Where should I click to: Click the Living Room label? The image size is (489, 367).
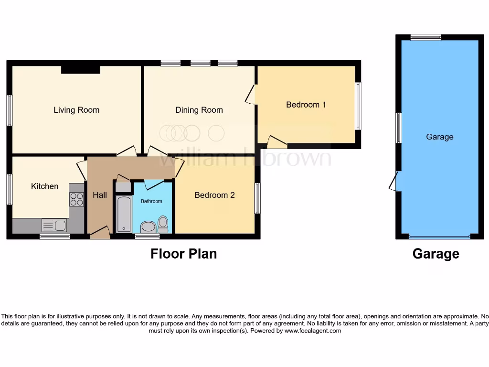pyautogui.click(x=76, y=110)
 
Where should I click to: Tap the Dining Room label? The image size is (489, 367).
pyautogui.click(x=199, y=110)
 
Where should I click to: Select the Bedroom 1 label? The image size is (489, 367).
pyautogui.click(x=306, y=104)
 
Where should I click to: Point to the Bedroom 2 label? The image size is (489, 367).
pyautogui.click(x=214, y=195)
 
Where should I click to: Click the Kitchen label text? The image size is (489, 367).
pyautogui.click(x=45, y=186)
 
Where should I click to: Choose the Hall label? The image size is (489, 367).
pyautogui.click(x=100, y=195)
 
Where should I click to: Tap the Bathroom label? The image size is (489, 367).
pyautogui.click(x=151, y=201)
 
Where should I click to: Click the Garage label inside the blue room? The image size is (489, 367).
pyautogui.click(x=439, y=137)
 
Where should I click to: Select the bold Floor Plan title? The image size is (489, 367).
pyautogui.click(x=183, y=254)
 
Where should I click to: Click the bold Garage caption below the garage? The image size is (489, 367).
pyautogui.click(x=436, y=254)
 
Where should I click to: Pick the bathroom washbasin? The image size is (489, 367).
pyautogui.click(x=149, y=226)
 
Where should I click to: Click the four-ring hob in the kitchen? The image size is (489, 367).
pyautogui.click(x=76, y=199)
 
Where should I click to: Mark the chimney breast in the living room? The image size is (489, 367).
pyautogui.click(x=81, y=70)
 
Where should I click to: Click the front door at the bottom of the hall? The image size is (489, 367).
pyautogui.click(x=99, y=234)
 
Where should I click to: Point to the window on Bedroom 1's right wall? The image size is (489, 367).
pyautogui.click(x=358, y=106)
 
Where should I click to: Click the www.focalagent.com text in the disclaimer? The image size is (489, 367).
pyautogui.click(x=313, y=331)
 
